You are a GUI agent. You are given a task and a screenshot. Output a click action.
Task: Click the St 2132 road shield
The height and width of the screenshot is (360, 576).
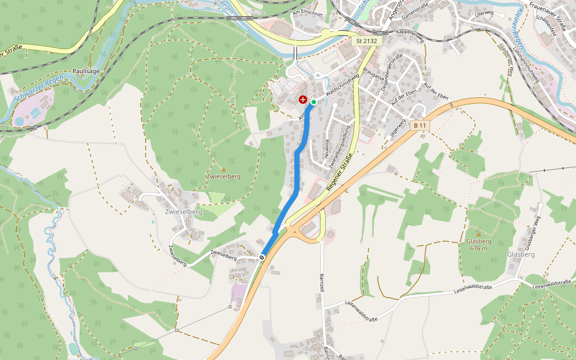pyautogui.click(x=365, y=41)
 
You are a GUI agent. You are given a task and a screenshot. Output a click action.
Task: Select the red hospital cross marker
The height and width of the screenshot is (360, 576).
pyautogui.click(x=303, y=100)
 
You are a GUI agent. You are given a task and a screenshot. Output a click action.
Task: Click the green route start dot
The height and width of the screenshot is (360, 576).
pyautogui.click(x=314, y=102)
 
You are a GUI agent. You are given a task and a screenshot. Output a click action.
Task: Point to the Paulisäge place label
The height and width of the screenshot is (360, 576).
pyautogui.click(x=85, y=71)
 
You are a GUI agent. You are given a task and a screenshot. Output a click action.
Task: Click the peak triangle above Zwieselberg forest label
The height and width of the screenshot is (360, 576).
pyautogui.click(x=223, y=169)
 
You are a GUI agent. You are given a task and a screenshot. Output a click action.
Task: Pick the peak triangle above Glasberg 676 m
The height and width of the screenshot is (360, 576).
pyautogui.click(x=478, y=233)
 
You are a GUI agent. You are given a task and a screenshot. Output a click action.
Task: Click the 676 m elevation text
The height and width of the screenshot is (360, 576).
pyautogui.click(x=478, y=248)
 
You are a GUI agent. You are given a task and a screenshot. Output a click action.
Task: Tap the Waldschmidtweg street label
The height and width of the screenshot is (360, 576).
pyautogui.click(x=341, y=86)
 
